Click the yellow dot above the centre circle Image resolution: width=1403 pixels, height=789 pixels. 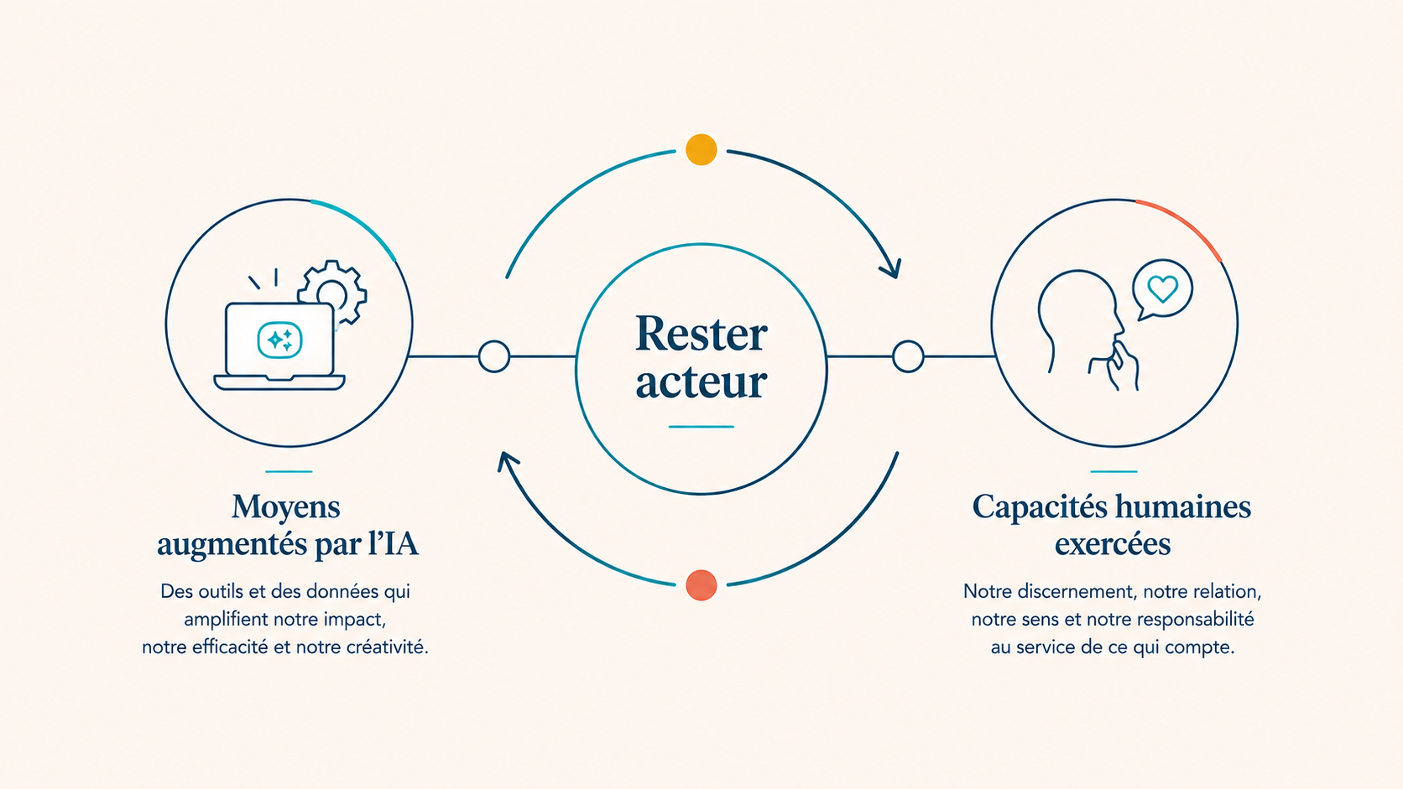(x=701, y=149)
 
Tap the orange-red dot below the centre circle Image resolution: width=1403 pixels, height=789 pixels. (x=701, y=585)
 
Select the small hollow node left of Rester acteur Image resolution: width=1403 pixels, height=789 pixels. (x=493, y=356)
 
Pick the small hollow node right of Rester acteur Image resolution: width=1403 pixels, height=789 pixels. (x=908, y=356)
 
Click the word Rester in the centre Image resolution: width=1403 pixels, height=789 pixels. (x=701, y=334)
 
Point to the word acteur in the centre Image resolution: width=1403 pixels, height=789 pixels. (x=701, y=382)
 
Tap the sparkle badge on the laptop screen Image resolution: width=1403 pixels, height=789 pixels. (x=280, y=340)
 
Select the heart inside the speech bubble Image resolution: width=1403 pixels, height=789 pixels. (x=1162, y=289)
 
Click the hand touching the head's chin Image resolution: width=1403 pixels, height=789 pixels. (x=1118, y=366)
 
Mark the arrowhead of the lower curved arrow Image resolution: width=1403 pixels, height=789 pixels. (x=508, y=462)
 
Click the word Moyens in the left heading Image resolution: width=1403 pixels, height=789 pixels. (x=285, y=507)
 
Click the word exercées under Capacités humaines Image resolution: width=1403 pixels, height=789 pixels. (x=1113, y=543)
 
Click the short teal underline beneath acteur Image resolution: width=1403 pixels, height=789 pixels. (x=701, y=427)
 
